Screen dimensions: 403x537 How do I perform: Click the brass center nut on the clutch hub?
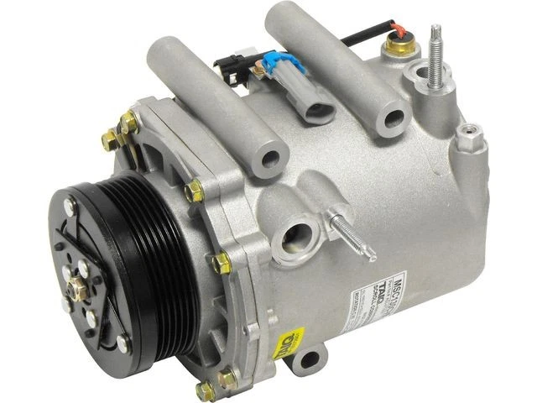pyautogui.click(x=76, y=287)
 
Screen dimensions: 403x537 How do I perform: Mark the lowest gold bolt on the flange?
pyautogui.click(x=206, y=390)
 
